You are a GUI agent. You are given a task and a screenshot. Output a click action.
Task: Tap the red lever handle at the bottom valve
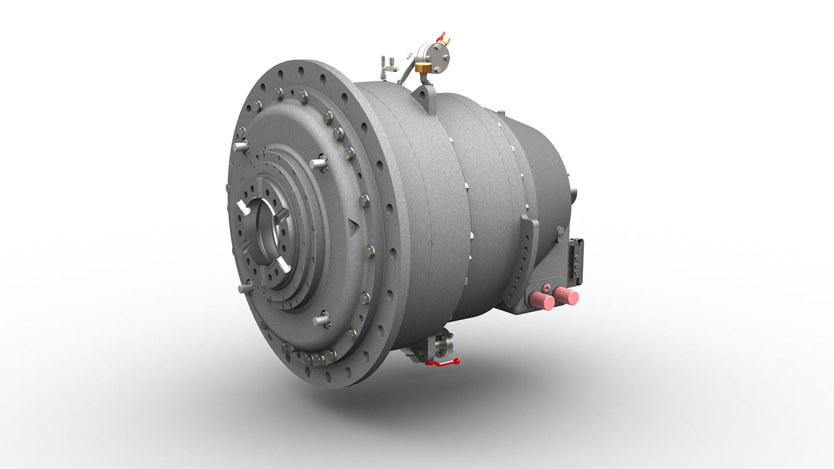click(x=442, y=362)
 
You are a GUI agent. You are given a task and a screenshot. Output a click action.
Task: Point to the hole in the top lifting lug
click(x=424, y=96)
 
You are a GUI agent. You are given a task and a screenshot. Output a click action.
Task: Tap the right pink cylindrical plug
click(x=566, y=296)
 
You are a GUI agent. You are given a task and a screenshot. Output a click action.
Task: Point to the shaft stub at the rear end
click(x=575, y=192)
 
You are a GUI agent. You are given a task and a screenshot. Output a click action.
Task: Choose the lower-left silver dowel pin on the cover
click(x=246, y=288)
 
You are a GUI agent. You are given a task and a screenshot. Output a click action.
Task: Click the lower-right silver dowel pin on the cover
click(x=321, y=320)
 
